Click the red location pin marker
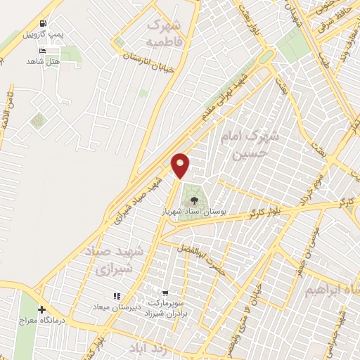(181, 165)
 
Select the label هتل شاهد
(41, 62)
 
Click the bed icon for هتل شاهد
(43, 51)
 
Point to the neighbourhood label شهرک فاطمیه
(168, 32)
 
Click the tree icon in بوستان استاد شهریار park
(194, 201)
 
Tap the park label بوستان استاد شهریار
(193, 211)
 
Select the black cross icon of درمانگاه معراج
(42, 310)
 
